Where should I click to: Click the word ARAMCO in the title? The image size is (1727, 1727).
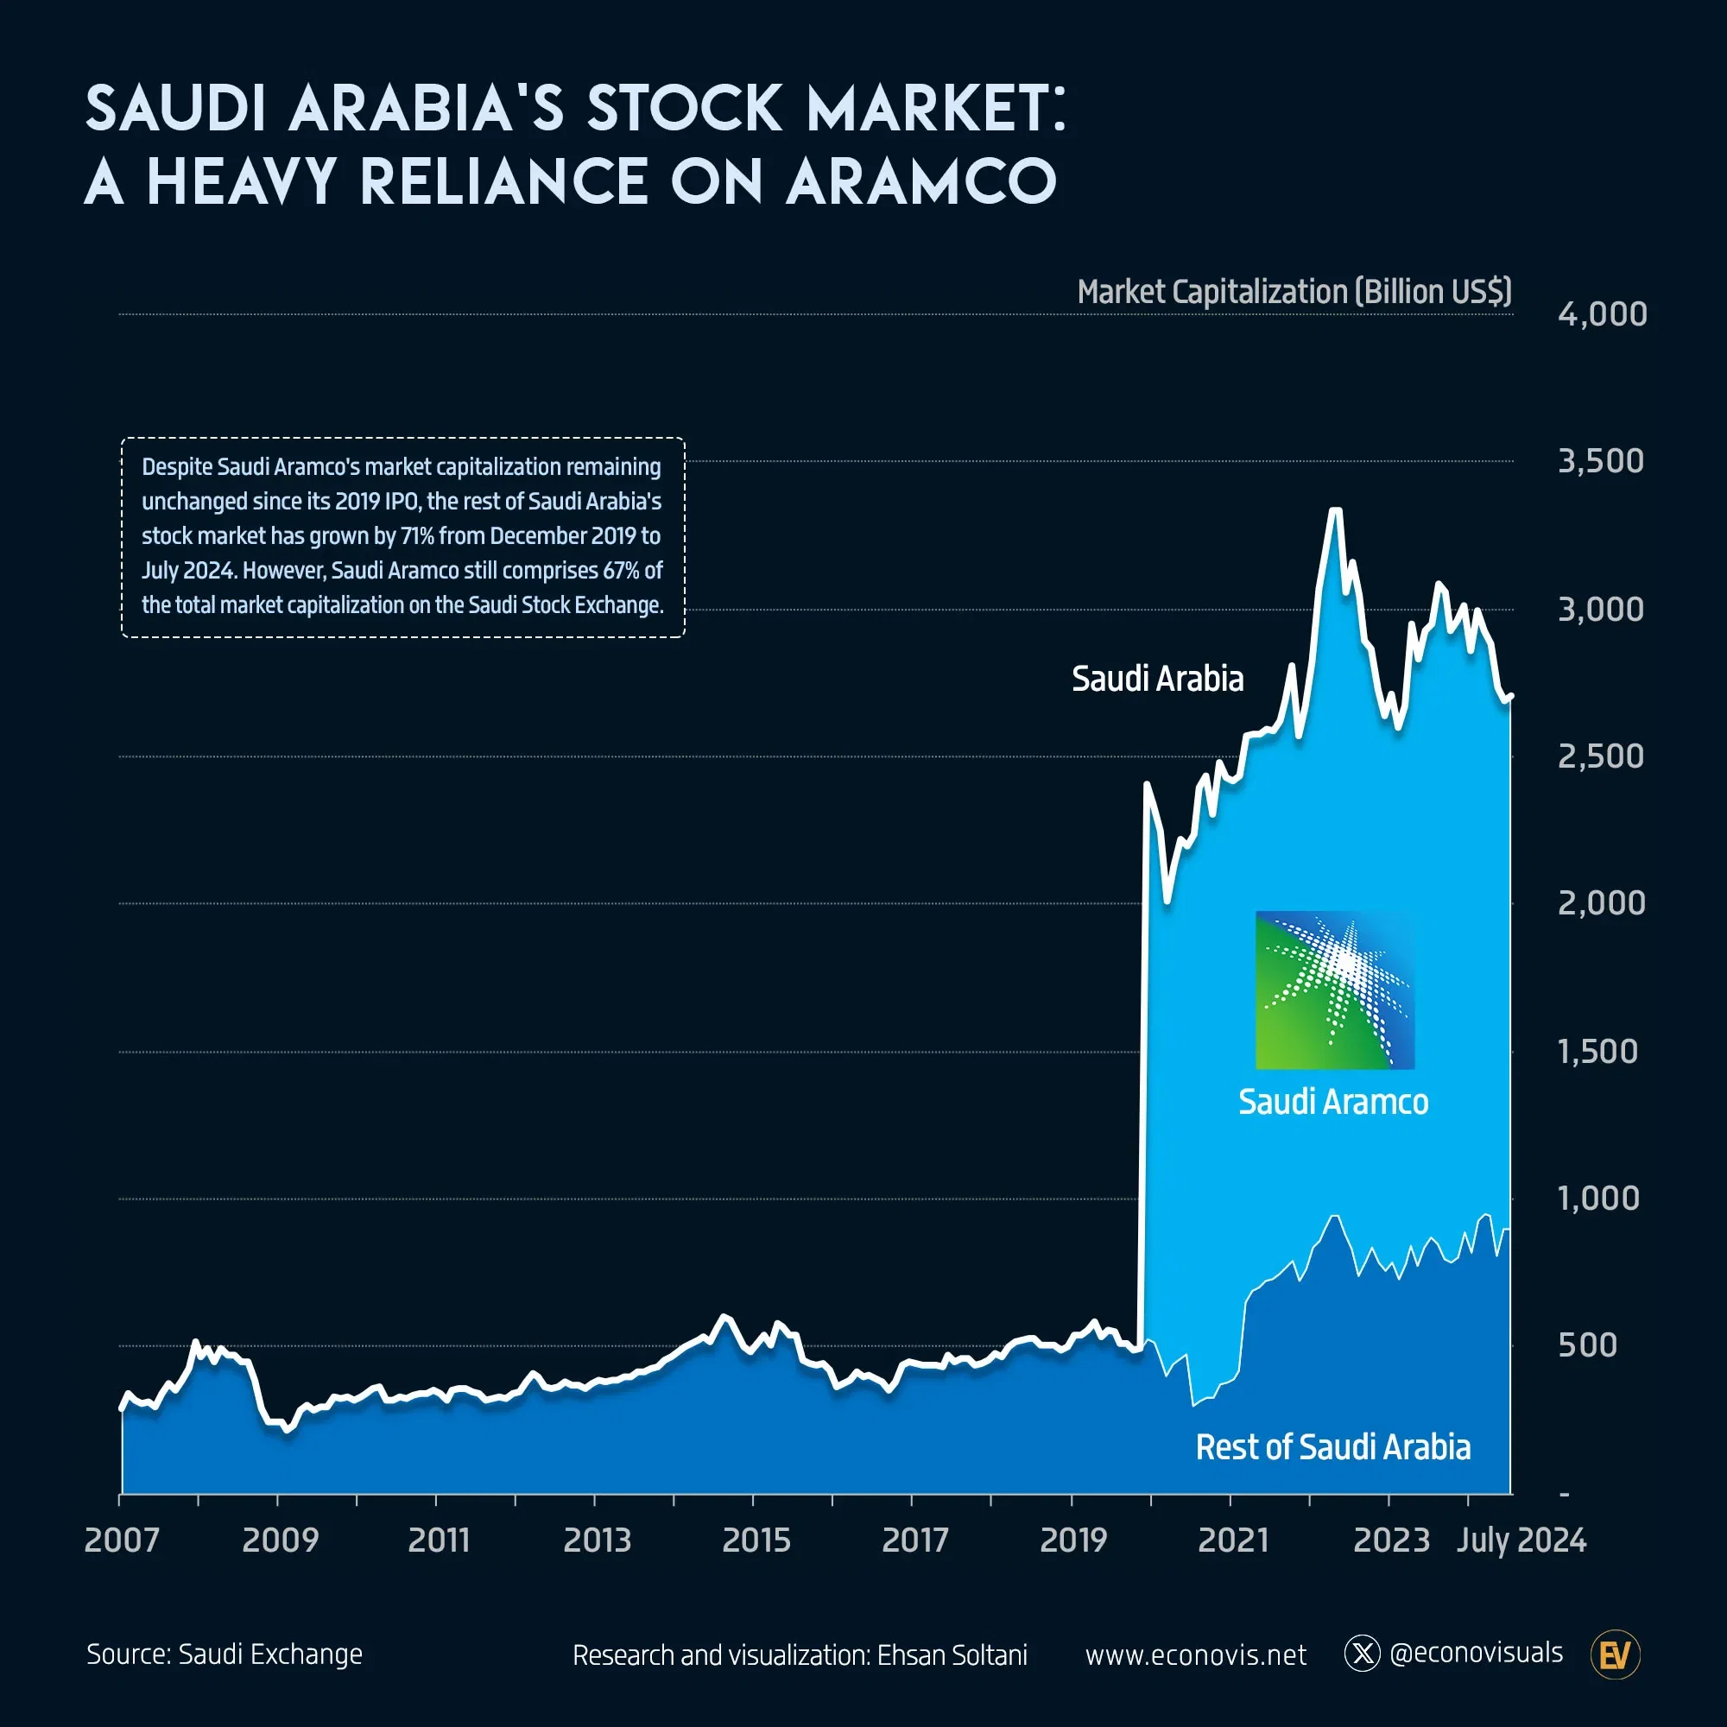[x=920, y=181]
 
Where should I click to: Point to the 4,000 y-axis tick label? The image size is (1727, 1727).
[x=1602, y=314]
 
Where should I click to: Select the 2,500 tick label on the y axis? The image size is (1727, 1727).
[x=1600, y=756]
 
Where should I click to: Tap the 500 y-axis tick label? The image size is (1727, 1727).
[x=1588, y=1345]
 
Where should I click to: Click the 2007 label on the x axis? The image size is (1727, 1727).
[x=122, y=1540]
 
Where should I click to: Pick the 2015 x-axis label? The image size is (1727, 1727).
[x=756, y=1540]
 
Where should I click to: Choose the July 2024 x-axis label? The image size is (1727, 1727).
[x=1521, y=1540]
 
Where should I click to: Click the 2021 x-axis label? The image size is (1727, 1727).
[x=1233, y=1540]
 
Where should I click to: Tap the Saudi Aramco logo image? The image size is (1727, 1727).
[x=1335, y=990]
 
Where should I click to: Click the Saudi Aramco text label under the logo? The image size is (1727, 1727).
[x=1332, y=1102]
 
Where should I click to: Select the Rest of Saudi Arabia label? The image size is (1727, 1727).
[x=1332, y=1447]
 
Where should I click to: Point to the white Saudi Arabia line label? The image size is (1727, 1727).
[x=1158, y=680]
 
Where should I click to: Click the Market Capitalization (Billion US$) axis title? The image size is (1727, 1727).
[x=1294, y=293]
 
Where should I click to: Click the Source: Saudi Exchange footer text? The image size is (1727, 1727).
[x=225, y=1654]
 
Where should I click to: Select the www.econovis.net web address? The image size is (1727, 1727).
[x=1195, y=1655]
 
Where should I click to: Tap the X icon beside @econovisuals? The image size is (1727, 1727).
[x=1363, y=1654]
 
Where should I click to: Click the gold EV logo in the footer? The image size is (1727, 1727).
[x=1616, y=1655]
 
